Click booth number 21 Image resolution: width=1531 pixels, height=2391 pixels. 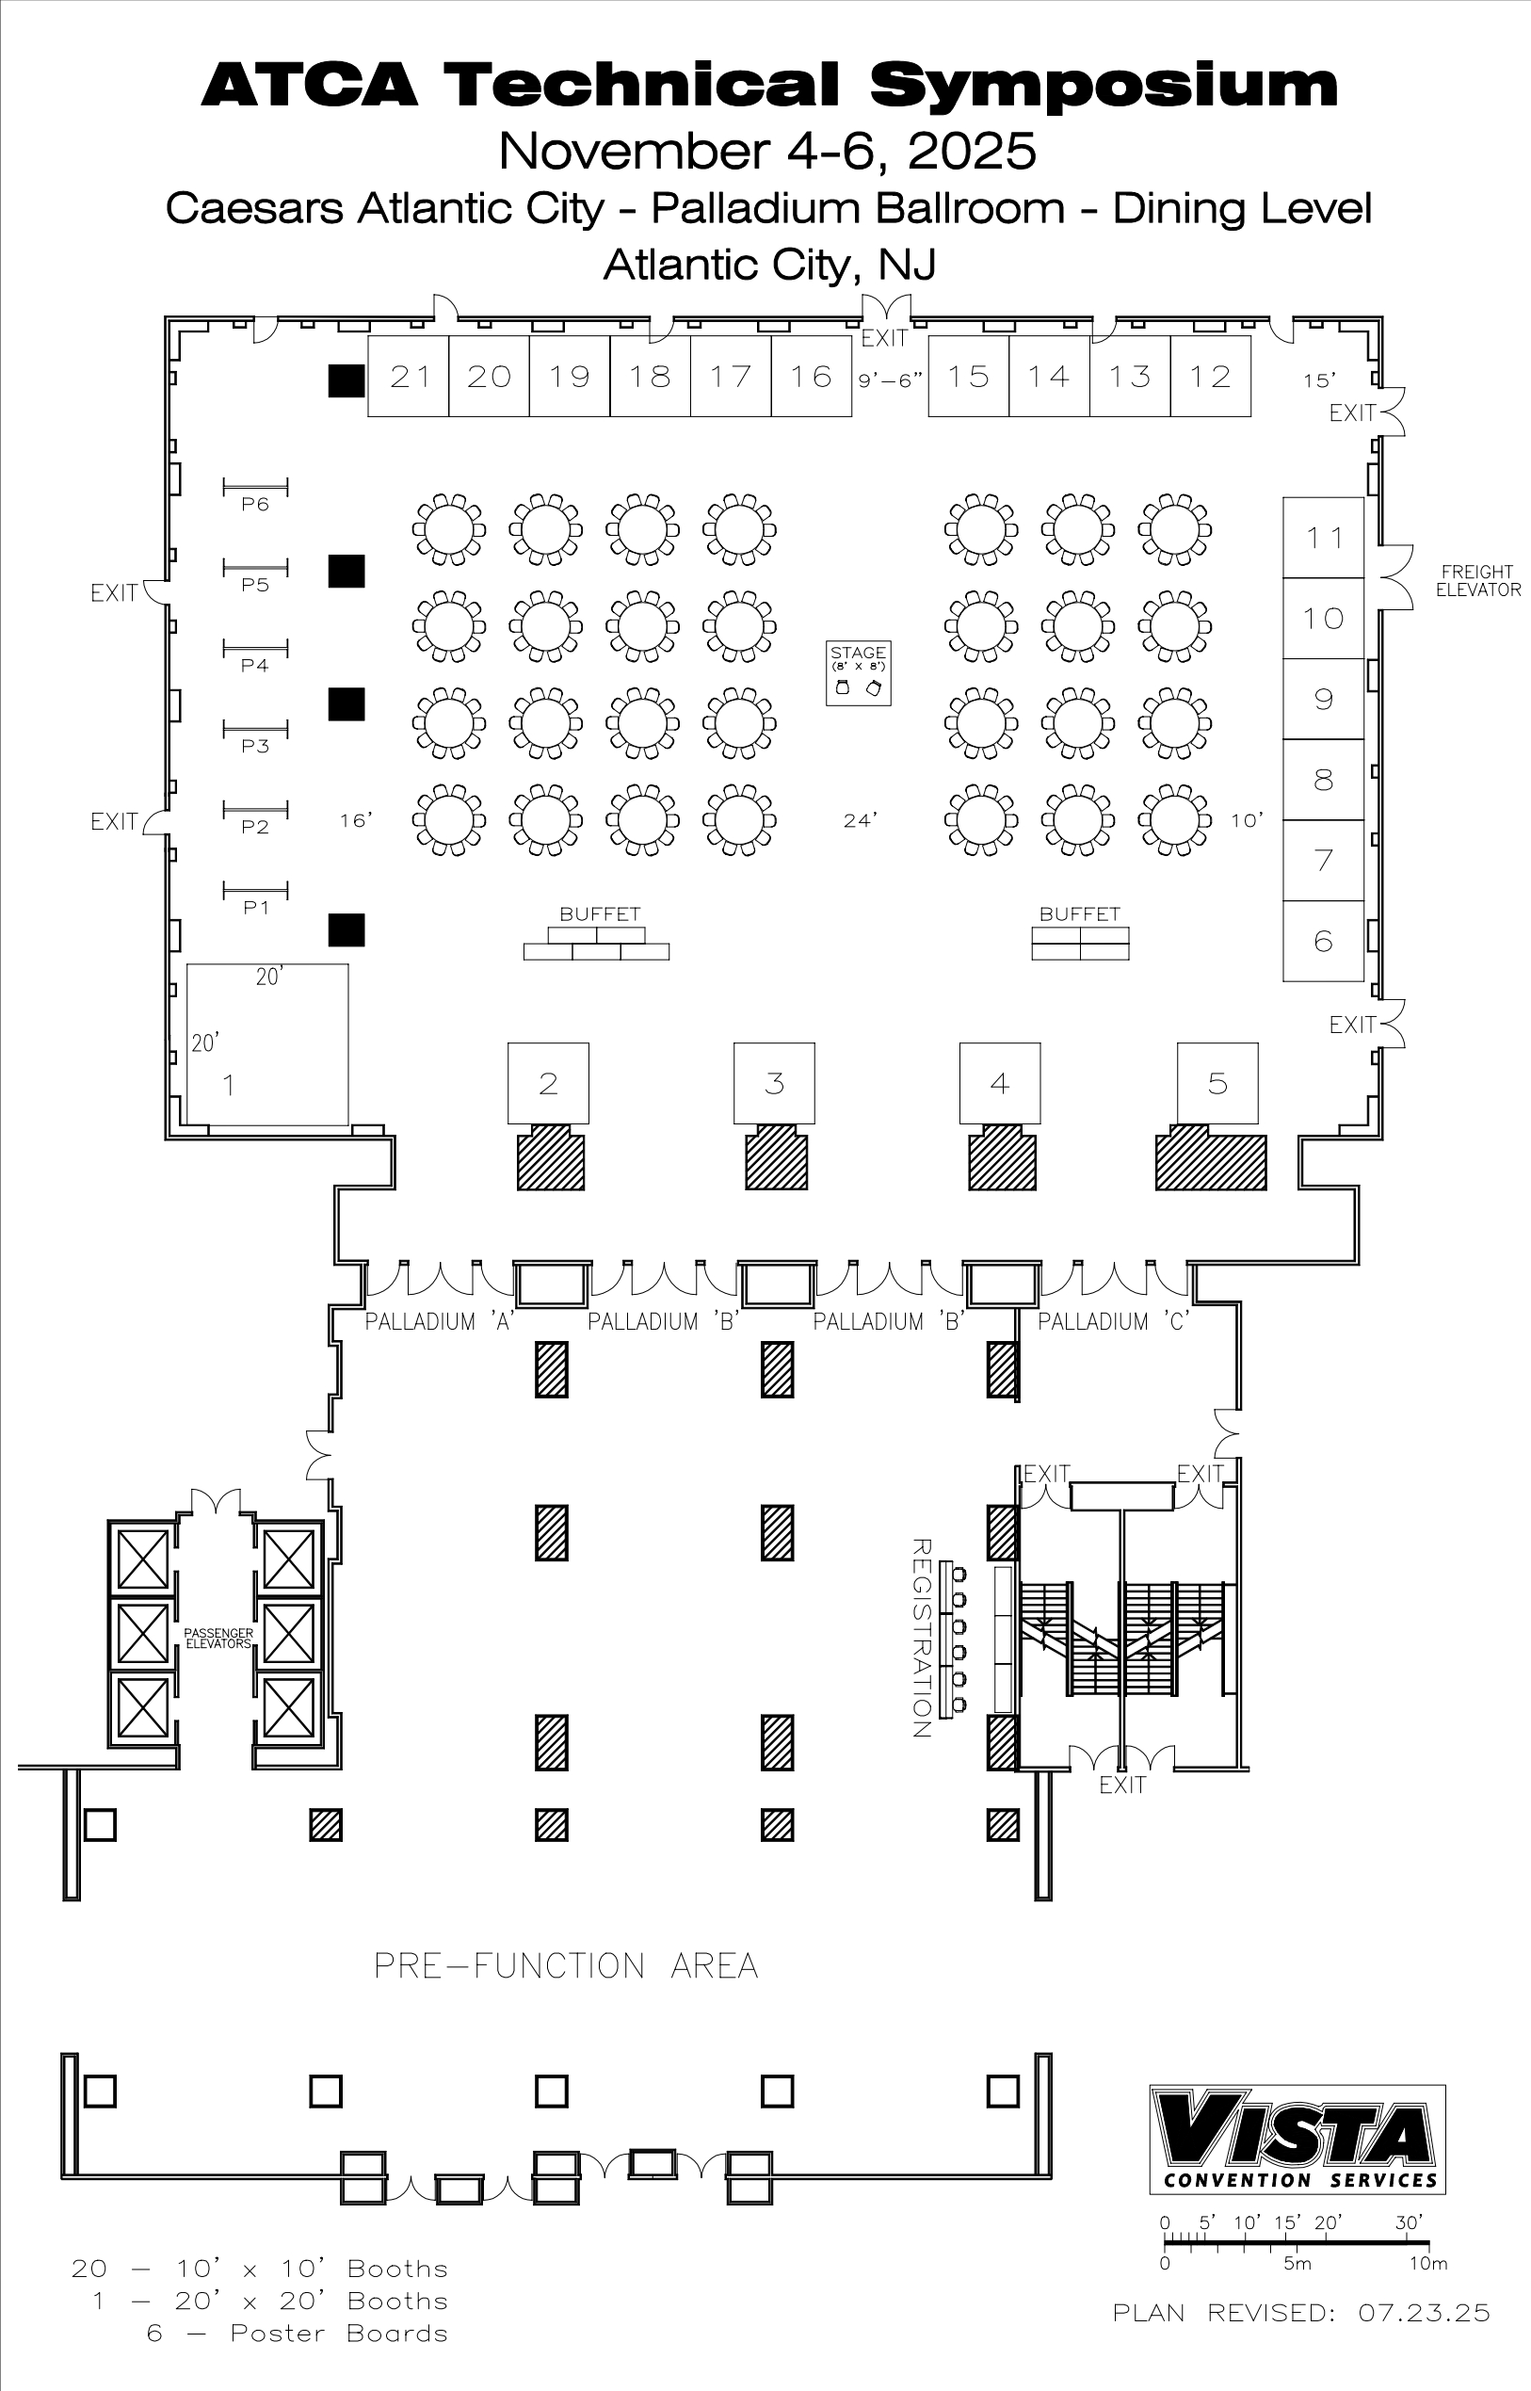tap(409, 376)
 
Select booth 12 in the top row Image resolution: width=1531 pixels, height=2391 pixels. tap(1210, 376)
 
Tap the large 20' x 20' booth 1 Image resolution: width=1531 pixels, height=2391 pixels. tap(267, 1044)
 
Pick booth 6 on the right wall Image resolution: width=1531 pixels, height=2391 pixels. tap(1323, 941)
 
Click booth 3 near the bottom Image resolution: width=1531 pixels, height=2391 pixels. tap(775, 1083)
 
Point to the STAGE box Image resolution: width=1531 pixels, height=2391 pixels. tap(858, 673)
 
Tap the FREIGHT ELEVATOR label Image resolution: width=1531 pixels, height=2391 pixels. tap(1477, 581)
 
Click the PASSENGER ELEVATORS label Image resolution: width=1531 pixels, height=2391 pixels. tap(218, 1639)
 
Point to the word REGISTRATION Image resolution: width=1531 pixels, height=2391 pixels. tap(921, 1638)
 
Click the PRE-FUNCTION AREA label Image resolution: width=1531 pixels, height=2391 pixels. tap(566, 1965)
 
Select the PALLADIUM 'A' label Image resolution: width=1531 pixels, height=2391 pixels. tap(439, 1321)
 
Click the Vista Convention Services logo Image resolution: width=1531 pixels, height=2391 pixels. tap(1297, 2140)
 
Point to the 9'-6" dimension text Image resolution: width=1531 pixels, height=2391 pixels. tap(891, 380)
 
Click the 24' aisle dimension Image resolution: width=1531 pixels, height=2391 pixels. tap(860, 820)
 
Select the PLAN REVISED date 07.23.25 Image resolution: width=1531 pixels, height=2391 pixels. tap(1425, 2314)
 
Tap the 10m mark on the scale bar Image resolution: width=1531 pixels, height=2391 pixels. tap(1427, 2264)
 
